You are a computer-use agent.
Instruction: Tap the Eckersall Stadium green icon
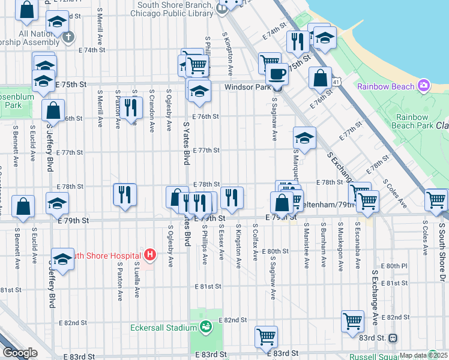(x=206, y=327)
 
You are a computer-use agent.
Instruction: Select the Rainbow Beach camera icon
(x=424, y=86)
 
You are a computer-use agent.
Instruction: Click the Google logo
(x=19, y=353)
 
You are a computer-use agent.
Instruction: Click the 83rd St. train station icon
(x=393, y=338)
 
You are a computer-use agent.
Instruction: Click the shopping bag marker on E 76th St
(x=321, y=77)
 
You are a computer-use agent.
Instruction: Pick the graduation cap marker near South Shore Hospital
(x=62, y=259)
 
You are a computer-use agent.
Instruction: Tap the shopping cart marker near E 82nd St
(x=352, y=320)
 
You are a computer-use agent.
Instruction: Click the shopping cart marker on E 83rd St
(x=266, y=337)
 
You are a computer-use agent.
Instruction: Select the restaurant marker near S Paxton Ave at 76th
(x=130, y=107)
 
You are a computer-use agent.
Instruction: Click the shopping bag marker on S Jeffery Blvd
(x=53, y=110)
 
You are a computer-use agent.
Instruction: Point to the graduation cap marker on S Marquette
(x=304, y=139)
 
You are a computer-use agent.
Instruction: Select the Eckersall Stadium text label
(x=164, y=328)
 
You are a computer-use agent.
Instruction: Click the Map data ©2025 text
(x=424, y=355)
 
